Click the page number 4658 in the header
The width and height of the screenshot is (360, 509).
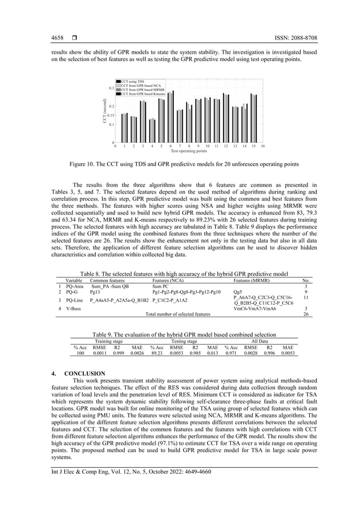(x=57, y=38)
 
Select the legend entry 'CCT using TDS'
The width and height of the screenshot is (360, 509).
(x=133, y=82)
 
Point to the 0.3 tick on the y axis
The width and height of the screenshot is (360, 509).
(x=112, y=88)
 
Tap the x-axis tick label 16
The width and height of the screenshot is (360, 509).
(x=263, y=147)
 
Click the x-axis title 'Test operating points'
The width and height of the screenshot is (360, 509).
(x=188, y=151)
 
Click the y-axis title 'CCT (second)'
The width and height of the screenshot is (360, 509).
(x=104, y=111)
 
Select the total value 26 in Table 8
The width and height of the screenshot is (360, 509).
(x=305, y=314)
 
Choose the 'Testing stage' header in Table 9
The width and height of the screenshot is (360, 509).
(x=184, y=341)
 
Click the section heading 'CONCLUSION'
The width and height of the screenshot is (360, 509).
(x=85, y=374)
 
